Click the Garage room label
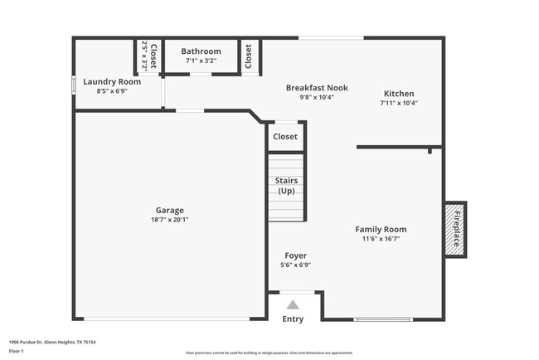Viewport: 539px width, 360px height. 169,210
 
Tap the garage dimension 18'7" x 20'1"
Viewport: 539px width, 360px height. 169,220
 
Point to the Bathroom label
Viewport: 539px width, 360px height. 202,51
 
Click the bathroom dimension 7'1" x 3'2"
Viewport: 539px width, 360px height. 202,61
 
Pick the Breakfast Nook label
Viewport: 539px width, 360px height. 317,87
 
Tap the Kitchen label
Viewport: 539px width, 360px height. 399,94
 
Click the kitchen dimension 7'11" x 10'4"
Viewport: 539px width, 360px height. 399,104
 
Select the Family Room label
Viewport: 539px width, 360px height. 381,229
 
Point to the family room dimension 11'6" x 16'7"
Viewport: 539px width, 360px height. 381,239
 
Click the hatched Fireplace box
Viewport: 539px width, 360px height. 455,229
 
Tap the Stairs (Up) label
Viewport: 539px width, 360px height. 286,185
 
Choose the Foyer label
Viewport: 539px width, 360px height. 295,255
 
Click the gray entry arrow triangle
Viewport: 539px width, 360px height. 293,304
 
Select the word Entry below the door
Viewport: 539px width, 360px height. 293,319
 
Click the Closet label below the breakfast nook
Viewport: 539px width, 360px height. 285,136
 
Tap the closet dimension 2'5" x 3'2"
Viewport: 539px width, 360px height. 144,56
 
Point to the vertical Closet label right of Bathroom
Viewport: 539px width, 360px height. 249,56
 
